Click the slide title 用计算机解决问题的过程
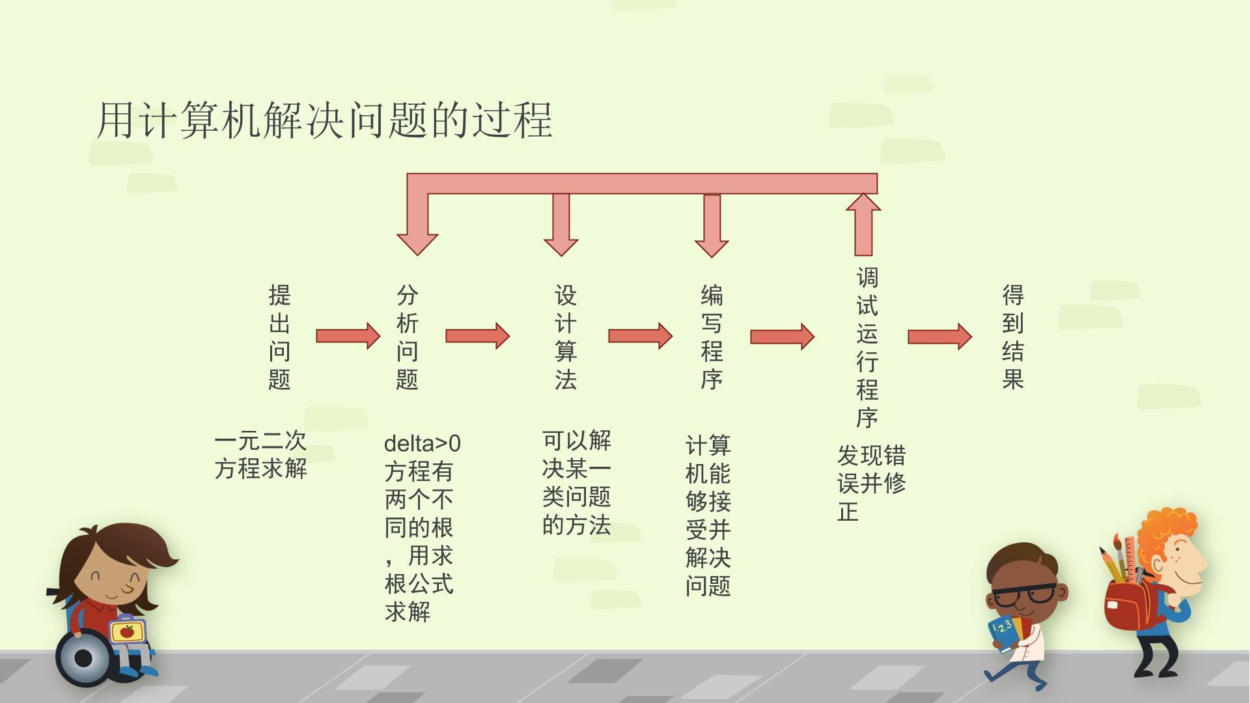[x=324, y=120]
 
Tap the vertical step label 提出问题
[x=279, y=337]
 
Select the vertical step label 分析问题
[x=407, y=337]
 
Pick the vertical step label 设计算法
[x=565, y=337]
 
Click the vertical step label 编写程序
[x=712, y=337]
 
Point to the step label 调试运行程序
[x=867, y=348]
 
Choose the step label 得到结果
[x=1013, y=337]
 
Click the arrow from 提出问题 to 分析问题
[x=348, y=336]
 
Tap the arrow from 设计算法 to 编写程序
[x=640, y=336]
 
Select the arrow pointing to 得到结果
[x=939, y=337]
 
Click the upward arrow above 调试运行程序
[x=863, y=224]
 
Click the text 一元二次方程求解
[x=260, y=455]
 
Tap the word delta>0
[x=423, y=444]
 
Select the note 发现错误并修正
[x=871, y=483]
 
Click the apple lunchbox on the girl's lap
[x=127, y=630]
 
